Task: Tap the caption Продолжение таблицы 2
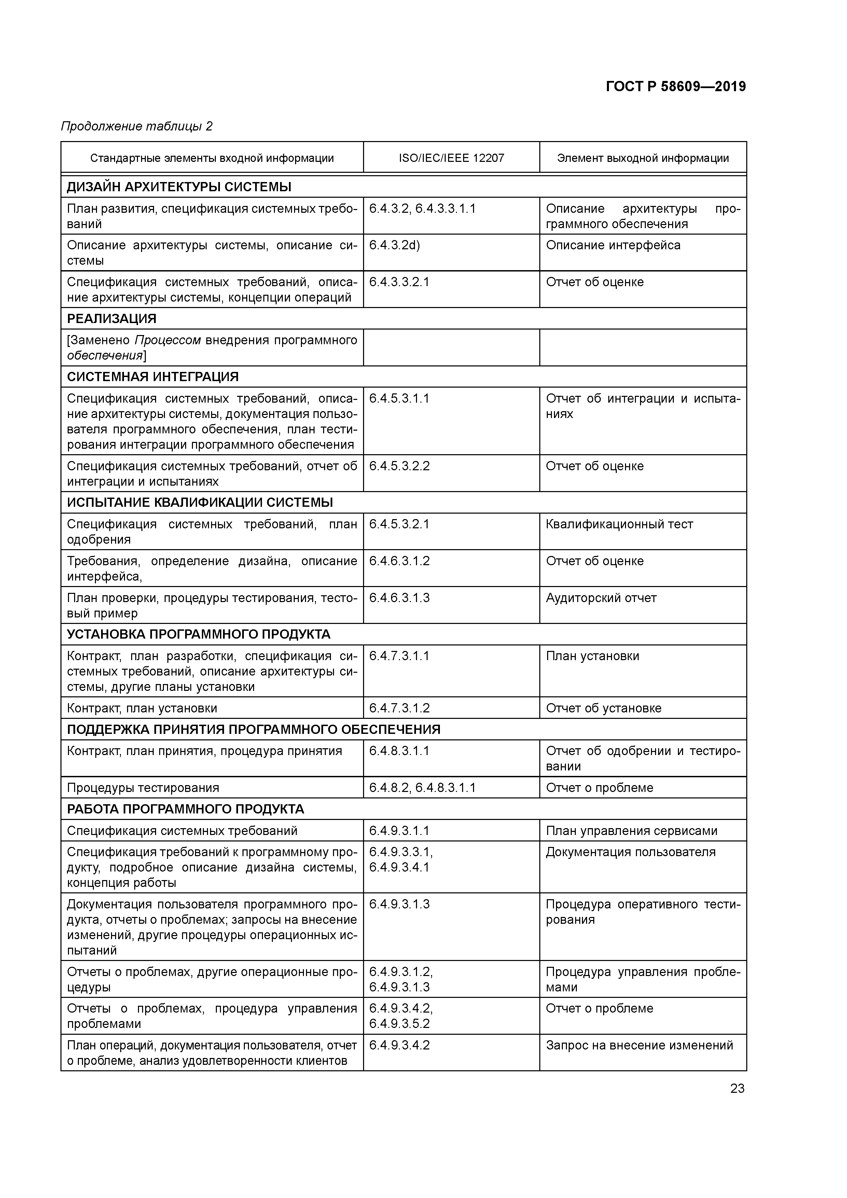click(137, 126)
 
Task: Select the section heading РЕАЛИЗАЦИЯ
click(112, 319)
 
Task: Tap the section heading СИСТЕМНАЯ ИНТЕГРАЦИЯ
click(152, 377)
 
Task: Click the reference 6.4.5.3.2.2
click(399, 466)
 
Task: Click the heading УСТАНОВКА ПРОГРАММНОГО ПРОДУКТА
click(198, 635)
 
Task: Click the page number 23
click(737, 1088)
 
